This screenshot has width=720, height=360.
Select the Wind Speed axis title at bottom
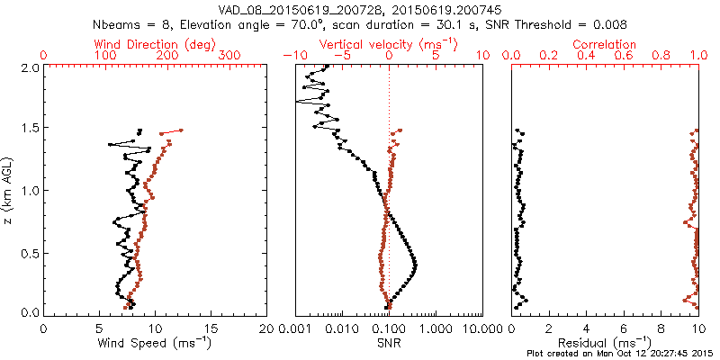click(154, 342)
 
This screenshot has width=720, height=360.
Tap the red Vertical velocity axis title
click(388, 44)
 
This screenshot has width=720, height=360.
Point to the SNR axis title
click(390, 342)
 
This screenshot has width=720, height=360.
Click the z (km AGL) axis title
click(8, 190)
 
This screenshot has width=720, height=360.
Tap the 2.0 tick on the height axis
click(29, 67)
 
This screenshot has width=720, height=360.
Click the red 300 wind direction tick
click(229, 56)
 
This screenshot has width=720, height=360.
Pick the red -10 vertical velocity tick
click(291, 56)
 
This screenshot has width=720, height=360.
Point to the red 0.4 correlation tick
click(587, 56)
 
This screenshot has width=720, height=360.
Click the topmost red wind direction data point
click(181, 130)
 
